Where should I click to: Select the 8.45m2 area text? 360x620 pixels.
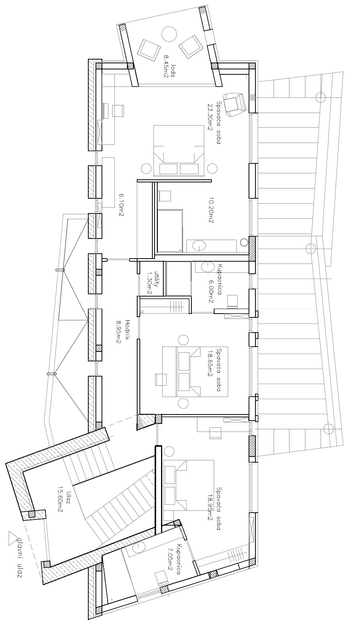point(166,67)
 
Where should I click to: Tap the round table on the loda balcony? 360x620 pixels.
point(169,34)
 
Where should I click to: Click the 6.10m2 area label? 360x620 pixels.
point(121,205)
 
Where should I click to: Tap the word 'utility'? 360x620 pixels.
point(155,279)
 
